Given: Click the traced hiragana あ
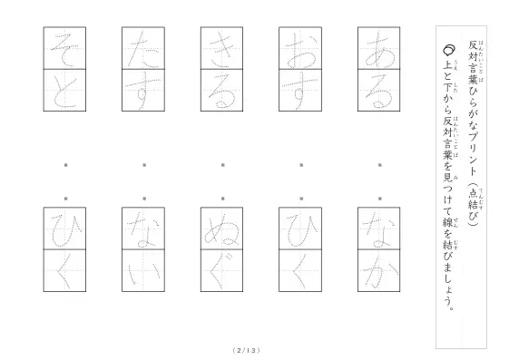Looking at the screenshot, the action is point(379,52).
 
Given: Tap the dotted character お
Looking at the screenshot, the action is point(300,52).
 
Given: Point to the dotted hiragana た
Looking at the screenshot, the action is point(143,50).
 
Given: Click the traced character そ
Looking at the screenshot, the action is point(64,50).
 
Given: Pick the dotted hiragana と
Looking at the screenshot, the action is point(64,92).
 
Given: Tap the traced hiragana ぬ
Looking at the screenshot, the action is point(221,231).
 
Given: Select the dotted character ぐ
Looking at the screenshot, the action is point(221,271).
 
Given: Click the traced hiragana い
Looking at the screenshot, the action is point(143,273).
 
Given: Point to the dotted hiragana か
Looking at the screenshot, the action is point(379,272).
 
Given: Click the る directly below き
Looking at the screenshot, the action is point(221,92).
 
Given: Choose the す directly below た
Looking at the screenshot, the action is point(143,92).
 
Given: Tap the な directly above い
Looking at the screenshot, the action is point(143,229).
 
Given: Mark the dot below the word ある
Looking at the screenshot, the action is point(380,165).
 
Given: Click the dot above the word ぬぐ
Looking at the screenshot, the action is point(223,199).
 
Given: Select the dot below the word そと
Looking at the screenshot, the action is point(66,165).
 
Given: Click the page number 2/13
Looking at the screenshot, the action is point(247,350).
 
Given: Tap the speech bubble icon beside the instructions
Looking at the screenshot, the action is point(449,50).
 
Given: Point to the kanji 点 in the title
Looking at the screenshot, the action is point(473,194).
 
